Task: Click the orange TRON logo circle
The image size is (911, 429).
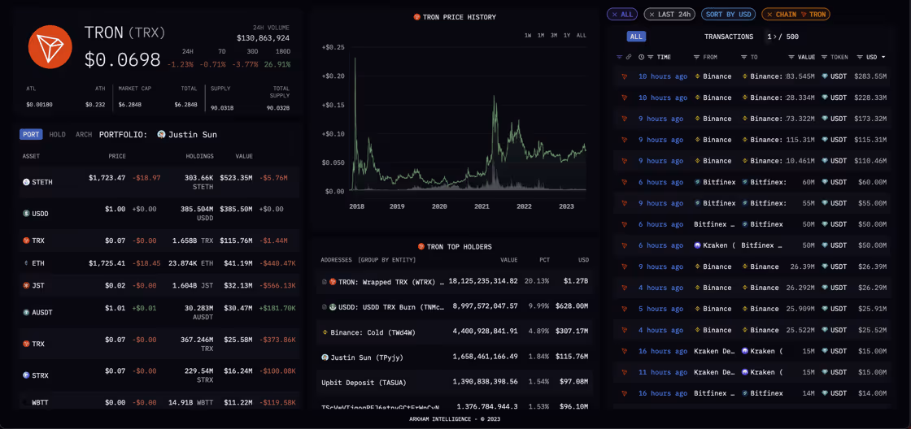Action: tap(50, 46)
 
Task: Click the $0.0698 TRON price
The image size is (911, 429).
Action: tap(123, 59)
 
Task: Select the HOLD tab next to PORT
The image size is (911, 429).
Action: tap(57, 135)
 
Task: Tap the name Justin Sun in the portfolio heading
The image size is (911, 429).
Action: tap(193, 135)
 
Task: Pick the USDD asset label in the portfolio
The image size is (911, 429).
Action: tap(41, 214)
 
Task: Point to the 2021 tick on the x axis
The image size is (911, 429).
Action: tap(482, 206)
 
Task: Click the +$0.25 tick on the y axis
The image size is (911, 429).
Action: tap(333, 48)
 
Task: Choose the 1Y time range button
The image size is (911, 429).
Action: tap(566, 36)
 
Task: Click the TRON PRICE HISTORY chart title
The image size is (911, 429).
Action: tap(459, 17)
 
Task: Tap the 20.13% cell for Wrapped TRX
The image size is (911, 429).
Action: tap(536, 281)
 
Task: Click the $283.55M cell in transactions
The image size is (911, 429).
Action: tap(870, 76)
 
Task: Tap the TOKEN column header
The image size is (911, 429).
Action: tap(839, 57)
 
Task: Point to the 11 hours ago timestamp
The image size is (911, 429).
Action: tap(662, 372)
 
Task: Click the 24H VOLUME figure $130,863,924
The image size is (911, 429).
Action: tap(263, 38)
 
